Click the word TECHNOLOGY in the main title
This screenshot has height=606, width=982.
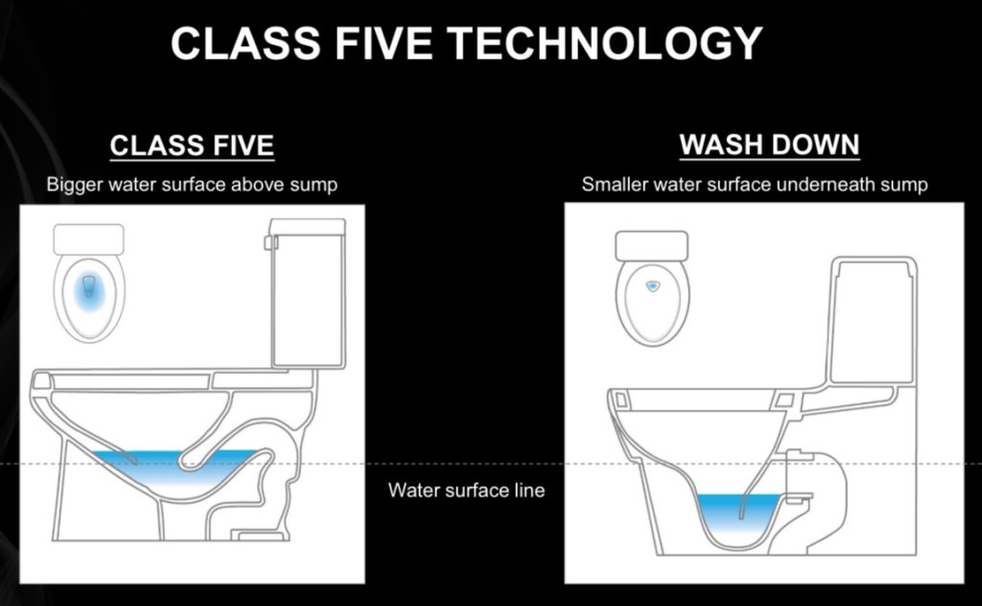605,43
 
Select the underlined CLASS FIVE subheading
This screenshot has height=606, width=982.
192,146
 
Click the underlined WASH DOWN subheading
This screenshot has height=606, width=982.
769,145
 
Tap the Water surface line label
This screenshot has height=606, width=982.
466,490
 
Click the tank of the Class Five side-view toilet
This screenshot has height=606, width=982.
308,293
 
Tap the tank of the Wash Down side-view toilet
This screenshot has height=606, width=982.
873,320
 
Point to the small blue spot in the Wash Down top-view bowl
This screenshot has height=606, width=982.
652,286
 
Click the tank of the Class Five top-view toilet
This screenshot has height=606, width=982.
89,240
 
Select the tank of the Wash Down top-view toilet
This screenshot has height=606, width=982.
652,246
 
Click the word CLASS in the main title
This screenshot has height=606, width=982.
245,43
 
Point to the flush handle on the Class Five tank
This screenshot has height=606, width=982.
270,243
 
